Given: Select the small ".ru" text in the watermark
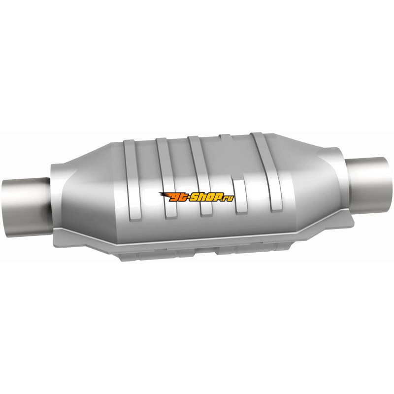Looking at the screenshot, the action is (x=228, y=198).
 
